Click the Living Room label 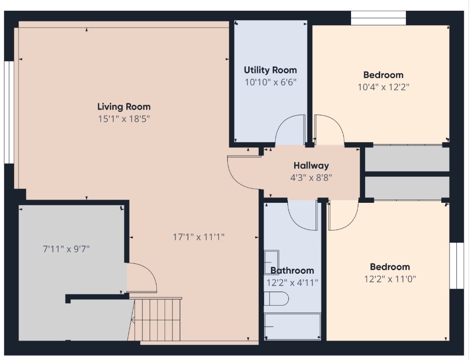point(124,107)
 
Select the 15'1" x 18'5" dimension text point(124,119)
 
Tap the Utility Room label point(270,70)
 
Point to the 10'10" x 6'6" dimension point(270,82)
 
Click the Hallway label point(311,165)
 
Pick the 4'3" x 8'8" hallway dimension point(311,178)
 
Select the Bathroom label point(292,270)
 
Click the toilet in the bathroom point(276,298)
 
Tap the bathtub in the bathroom point(293,327)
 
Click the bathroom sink point(271,262)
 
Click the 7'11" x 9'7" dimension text point(66,249)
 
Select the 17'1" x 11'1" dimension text point(199,237)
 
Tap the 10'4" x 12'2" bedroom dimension point(384,87)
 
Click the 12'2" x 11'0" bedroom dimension point(390,279)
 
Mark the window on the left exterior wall point(9,112)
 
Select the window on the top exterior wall point(378,18)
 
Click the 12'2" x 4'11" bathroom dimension point(292,282)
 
